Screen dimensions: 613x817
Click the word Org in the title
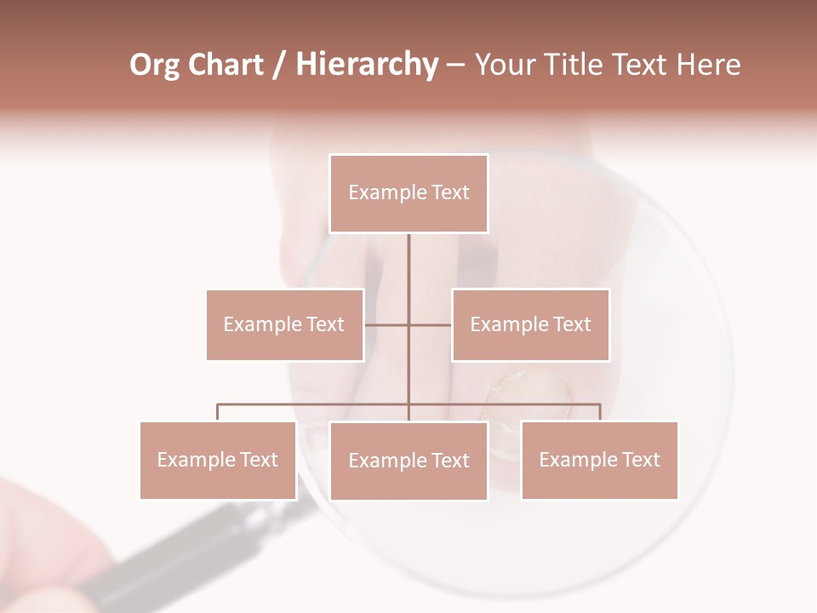point(154,65)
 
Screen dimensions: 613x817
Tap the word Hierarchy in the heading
point(366,65)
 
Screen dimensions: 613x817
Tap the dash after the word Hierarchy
point(455,66)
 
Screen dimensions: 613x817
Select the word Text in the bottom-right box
point(640,460)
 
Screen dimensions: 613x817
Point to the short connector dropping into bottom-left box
point(218,412)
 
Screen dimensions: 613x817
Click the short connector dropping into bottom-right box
point(600,412)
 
